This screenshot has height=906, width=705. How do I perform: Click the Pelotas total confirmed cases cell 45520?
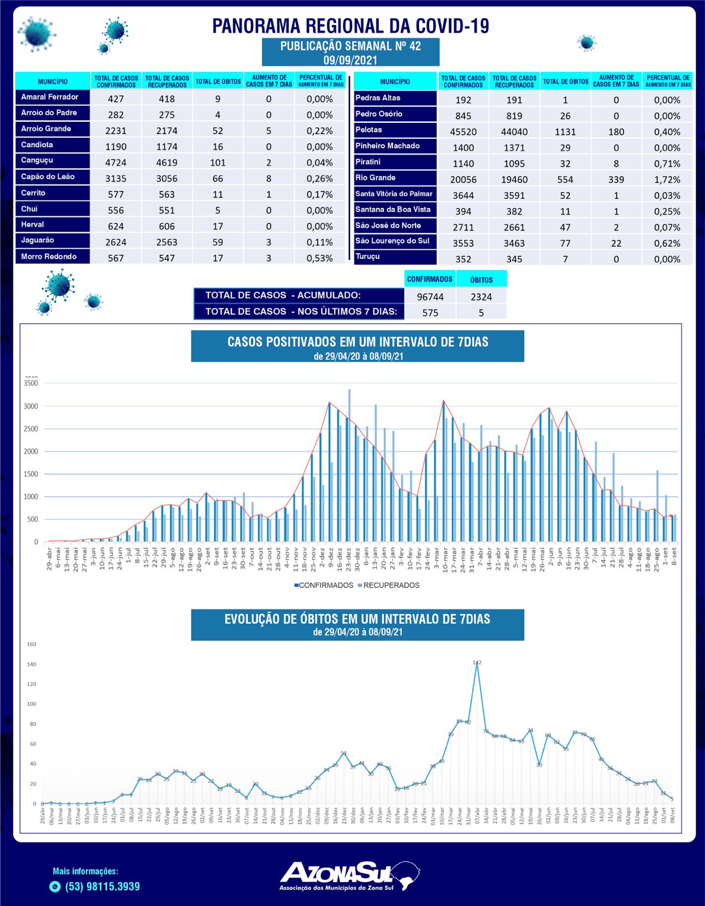coord(463,132)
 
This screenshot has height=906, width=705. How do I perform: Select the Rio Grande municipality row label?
coord(375,178)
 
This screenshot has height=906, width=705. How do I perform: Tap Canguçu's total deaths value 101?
coord(218,163)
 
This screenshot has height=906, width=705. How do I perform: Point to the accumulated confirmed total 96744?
coord(430,297)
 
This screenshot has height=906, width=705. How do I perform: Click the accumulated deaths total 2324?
coord(481,297)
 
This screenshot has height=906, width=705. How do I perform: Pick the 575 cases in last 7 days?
coord(430,313)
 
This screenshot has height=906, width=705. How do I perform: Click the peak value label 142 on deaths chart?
coord(477,662)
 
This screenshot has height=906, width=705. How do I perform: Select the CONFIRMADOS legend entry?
coord(323,585)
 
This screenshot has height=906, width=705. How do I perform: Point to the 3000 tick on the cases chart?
coord(31,407)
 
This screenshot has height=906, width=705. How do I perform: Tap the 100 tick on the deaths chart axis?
coord(31,704)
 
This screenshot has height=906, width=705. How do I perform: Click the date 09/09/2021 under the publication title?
coord(351,59)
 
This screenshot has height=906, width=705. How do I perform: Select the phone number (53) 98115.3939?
coord(102,887)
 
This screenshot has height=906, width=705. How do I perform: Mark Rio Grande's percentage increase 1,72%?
coord(667,180)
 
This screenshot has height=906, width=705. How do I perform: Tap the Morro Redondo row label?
coord(49,257)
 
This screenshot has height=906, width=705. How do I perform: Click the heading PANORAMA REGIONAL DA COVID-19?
coord(351,25)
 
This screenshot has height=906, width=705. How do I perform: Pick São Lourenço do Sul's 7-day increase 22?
coord(616,243)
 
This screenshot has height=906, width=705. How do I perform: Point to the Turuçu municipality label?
coord(368,257)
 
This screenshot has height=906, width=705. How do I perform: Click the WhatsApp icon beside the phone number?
coord(55,887)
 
